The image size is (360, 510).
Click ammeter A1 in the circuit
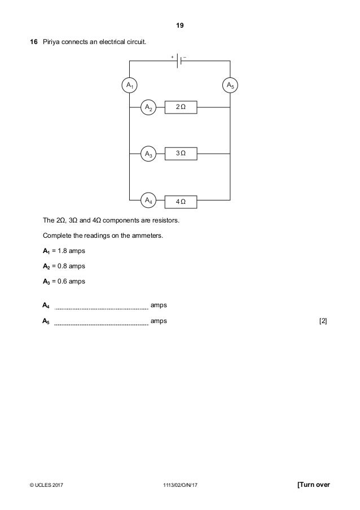click(x=130, y=85)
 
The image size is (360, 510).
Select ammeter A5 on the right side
click(x=230, y=85)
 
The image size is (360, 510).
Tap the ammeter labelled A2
click(x=148, y=107)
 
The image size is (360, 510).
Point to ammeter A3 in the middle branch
click(x=148, y=153)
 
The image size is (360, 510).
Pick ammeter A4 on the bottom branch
click(x=148, y=200)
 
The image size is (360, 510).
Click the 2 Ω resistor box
click(x=181, y=107)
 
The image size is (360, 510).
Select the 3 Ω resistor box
click(x=181, y=153)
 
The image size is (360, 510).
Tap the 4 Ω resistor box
click(x=181, y=200)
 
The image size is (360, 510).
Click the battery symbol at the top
click(x=179, y=61)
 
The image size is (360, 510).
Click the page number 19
click(x=180, y=26)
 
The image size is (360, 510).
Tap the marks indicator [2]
click(x=323, y=321)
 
